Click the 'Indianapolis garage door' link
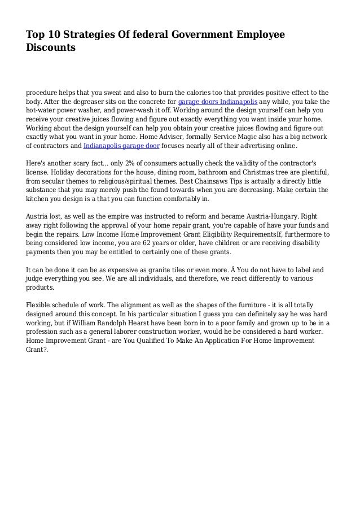[x=122, y=146]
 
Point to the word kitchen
[x=38, y=199]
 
